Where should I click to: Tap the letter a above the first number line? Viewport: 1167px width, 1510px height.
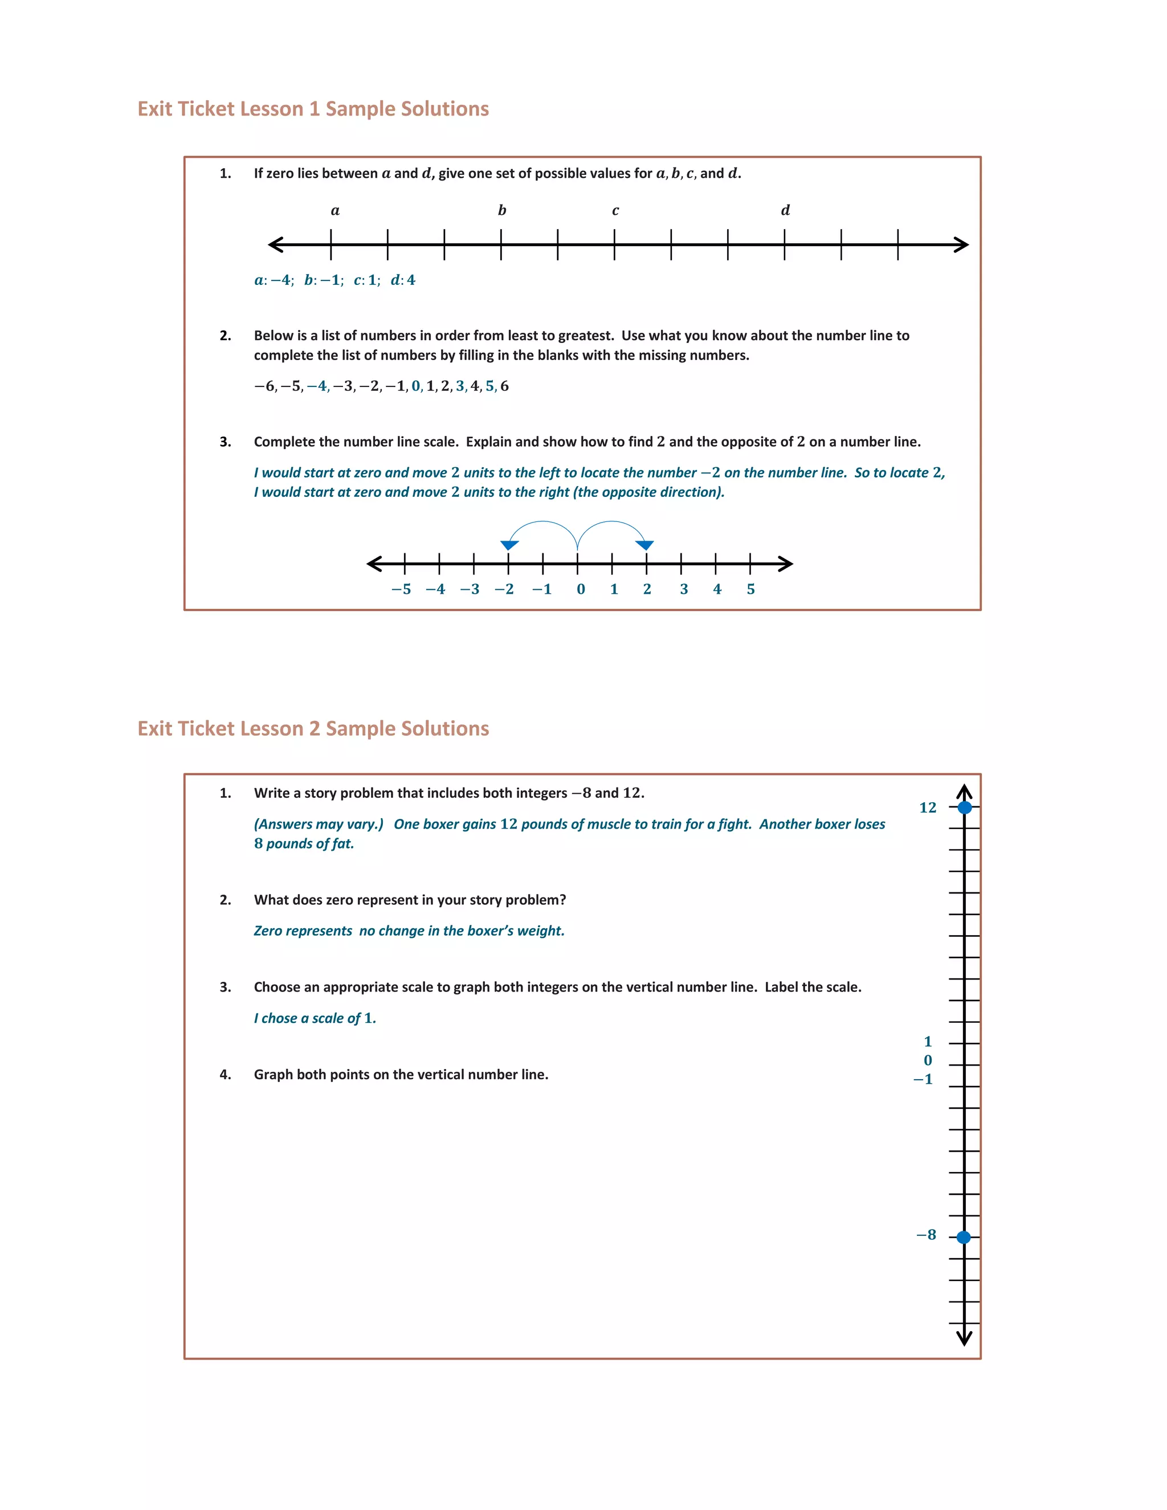334,210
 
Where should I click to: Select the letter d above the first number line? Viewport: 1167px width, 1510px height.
785,210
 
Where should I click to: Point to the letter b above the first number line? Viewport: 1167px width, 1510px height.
502,210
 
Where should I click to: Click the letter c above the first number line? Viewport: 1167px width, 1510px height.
615,211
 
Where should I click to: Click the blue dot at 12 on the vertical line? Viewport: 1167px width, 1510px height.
965,807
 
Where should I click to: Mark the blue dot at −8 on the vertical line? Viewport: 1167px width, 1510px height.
963,1237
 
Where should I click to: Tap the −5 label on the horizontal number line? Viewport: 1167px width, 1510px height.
401,589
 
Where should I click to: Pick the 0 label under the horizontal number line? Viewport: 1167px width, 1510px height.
581,589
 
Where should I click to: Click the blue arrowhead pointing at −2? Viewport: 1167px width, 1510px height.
509,545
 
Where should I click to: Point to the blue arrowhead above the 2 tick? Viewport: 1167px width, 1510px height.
645,545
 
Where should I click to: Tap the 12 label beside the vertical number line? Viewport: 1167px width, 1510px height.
927,807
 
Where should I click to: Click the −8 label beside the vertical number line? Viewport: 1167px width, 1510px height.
926,1235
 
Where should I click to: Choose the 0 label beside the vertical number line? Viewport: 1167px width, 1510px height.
928,1060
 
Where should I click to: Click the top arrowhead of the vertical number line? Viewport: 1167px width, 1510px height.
965,791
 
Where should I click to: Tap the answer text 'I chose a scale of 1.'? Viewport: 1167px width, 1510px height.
315,1018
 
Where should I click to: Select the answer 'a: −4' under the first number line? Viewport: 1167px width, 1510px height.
274,280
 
